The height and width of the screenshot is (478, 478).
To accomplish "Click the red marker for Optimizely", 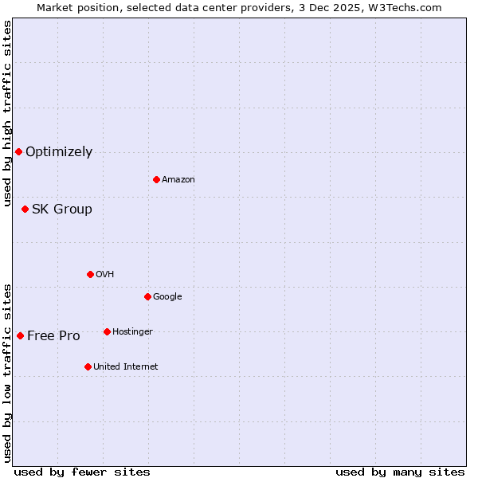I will pos(18,151).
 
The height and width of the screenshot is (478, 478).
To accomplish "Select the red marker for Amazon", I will pos(156,179).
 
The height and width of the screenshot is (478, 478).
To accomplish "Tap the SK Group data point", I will pos(25,209).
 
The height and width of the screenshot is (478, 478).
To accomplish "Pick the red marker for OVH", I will pos(90,274).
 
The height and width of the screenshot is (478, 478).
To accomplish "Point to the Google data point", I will pos(147,296).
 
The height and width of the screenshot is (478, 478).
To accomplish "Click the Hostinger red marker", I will pos(107,331).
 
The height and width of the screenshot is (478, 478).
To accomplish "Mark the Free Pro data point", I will pos(20,335).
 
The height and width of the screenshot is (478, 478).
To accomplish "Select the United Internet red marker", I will pos(88,366).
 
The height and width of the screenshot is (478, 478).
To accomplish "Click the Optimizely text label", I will pos(59,152).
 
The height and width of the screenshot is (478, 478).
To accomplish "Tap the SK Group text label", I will pos(62,210).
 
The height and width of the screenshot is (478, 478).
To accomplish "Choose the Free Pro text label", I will pos(53,336).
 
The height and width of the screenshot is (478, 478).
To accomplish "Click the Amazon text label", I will pos(178,180).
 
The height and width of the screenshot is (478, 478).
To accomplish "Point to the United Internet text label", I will pos(126,367).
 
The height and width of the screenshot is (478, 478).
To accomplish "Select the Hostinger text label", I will pos(132,332).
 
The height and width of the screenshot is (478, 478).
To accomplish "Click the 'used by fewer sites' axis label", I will pos(82,472).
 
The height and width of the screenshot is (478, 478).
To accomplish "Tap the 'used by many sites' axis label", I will pos(400,472).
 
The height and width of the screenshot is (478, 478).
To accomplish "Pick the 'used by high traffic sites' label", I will pos(8,113).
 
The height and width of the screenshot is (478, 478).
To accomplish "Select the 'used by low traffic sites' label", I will pos(8,372).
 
